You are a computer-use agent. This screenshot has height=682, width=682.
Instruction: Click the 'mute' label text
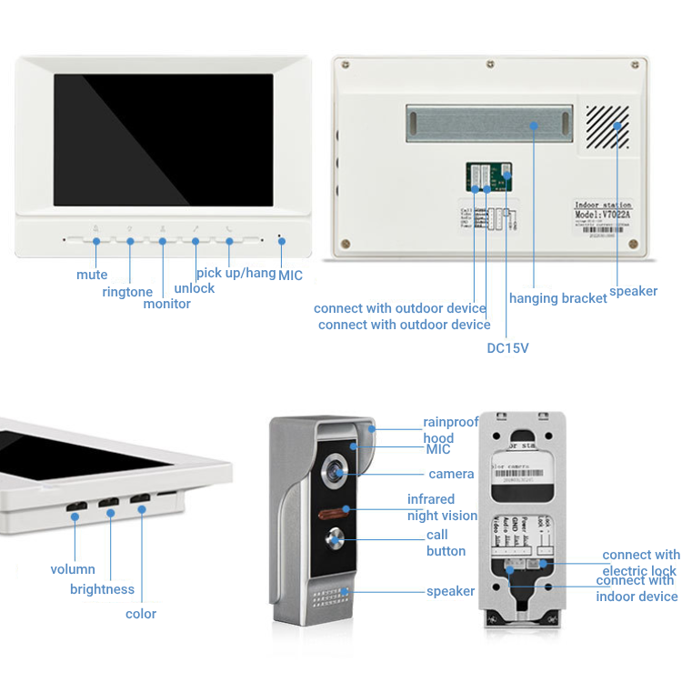point(92,275)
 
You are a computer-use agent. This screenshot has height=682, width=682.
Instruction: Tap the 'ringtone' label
point(127,292)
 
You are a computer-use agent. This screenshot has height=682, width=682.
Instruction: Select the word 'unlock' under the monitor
point(195,288)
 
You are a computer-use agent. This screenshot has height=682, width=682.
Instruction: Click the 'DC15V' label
point(507,347)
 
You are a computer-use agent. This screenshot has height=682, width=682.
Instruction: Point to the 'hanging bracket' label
point(557,298)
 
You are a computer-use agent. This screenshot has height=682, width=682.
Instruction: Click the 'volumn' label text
point(73,569)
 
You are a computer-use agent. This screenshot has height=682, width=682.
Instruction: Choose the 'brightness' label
point(102,589)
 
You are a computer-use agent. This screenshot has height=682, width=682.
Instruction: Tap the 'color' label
point(141,614)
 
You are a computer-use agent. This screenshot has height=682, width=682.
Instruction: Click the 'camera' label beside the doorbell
point(451,474)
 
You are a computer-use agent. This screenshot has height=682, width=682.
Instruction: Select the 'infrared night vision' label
point(442,507)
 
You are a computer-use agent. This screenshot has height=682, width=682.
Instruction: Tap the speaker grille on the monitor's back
point(606,126)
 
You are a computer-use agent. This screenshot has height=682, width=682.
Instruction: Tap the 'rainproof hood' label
point(451,430)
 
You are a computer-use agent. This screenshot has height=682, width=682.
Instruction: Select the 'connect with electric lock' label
point(640,563)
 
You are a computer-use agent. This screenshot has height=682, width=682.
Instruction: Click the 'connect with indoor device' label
point(637,588)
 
